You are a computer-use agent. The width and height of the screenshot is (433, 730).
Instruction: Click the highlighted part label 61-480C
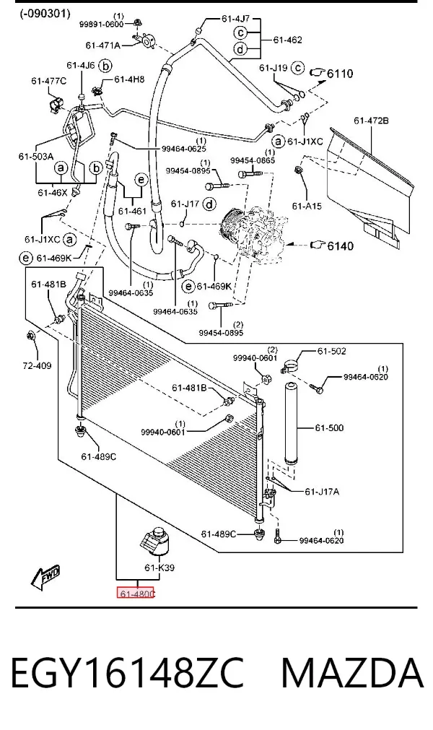tap(136, 594)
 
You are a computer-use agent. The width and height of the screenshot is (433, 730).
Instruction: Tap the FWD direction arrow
tap(45, 577)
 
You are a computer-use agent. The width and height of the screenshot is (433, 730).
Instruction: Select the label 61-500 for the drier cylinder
tap(329, 428)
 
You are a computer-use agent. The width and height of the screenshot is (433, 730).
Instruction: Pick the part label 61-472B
tap(371, 121)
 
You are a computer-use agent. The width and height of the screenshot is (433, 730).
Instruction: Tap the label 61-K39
tap(159, 568)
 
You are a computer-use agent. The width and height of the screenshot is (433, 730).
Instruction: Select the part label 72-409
tap(37, 366)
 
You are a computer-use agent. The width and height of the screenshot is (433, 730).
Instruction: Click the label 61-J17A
tap(322, 491)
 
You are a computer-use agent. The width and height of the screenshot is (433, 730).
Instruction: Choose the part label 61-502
tap(332, 351)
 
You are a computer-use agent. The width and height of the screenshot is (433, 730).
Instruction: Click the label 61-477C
tap(49, 81)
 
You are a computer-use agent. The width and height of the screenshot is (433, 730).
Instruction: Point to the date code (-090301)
tap(45, 14)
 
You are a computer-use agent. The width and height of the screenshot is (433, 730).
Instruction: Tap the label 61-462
tap(287, 40)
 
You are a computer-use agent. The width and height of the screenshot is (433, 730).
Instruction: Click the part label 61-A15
tap(307, 205)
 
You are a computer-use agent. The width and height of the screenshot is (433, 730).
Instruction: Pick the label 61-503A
tap(36, 157)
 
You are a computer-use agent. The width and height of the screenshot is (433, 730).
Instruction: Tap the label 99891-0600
tap(101, 25)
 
